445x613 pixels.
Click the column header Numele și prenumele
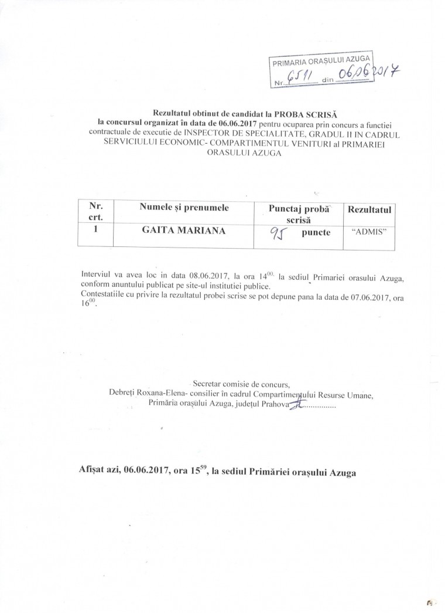click(x=184, y=208)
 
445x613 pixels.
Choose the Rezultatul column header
click(x=369, y=209)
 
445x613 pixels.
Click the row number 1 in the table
click(x=95, y=231)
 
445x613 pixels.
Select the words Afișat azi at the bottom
click(x=97, y=471)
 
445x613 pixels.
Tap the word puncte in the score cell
click(x=316, y=233)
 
